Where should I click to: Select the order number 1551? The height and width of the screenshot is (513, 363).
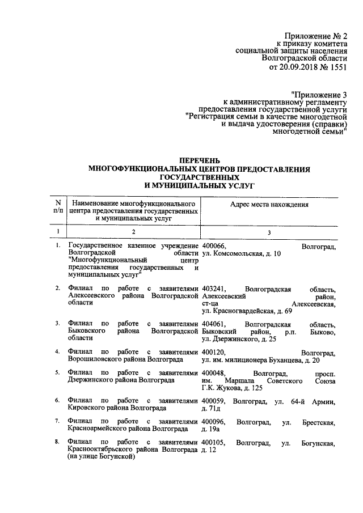(x=336, y=66)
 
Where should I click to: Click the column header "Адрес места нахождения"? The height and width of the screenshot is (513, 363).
(x=269, y=205)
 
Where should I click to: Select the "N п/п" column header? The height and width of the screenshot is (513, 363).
(x=57, y=206)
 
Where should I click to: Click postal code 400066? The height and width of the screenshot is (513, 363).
(x=213, y=247)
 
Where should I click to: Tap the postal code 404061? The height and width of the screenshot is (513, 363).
(x=213, y=324)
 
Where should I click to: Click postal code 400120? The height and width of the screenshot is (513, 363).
(x=213, y=353)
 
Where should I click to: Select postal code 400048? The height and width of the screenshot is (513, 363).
(x=213, y=374)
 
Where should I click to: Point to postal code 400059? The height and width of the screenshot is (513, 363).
(x=213, y=402)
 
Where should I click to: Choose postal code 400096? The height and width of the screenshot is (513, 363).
(x=213, y=422)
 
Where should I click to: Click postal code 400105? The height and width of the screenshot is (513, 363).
(x=213, y=442)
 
